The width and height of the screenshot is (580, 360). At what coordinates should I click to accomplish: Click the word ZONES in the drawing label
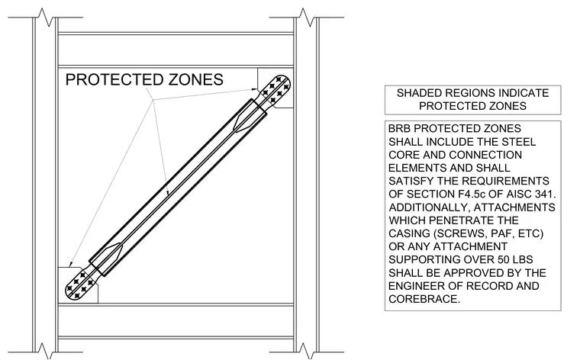196,80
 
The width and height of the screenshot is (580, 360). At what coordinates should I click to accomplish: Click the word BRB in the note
399,129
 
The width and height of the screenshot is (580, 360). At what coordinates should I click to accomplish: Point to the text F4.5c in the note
472,194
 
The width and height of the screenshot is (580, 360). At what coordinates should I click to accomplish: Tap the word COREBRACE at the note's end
424,299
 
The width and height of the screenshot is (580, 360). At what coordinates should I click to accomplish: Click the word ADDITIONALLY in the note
429,207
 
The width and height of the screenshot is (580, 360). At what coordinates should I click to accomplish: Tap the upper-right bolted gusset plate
276,88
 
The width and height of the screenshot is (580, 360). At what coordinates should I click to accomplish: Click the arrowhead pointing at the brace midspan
168,192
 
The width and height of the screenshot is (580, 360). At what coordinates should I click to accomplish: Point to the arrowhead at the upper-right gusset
255,88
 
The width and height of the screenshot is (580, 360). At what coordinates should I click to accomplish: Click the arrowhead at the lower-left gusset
71,263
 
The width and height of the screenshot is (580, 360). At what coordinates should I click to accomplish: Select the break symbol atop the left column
45,18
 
